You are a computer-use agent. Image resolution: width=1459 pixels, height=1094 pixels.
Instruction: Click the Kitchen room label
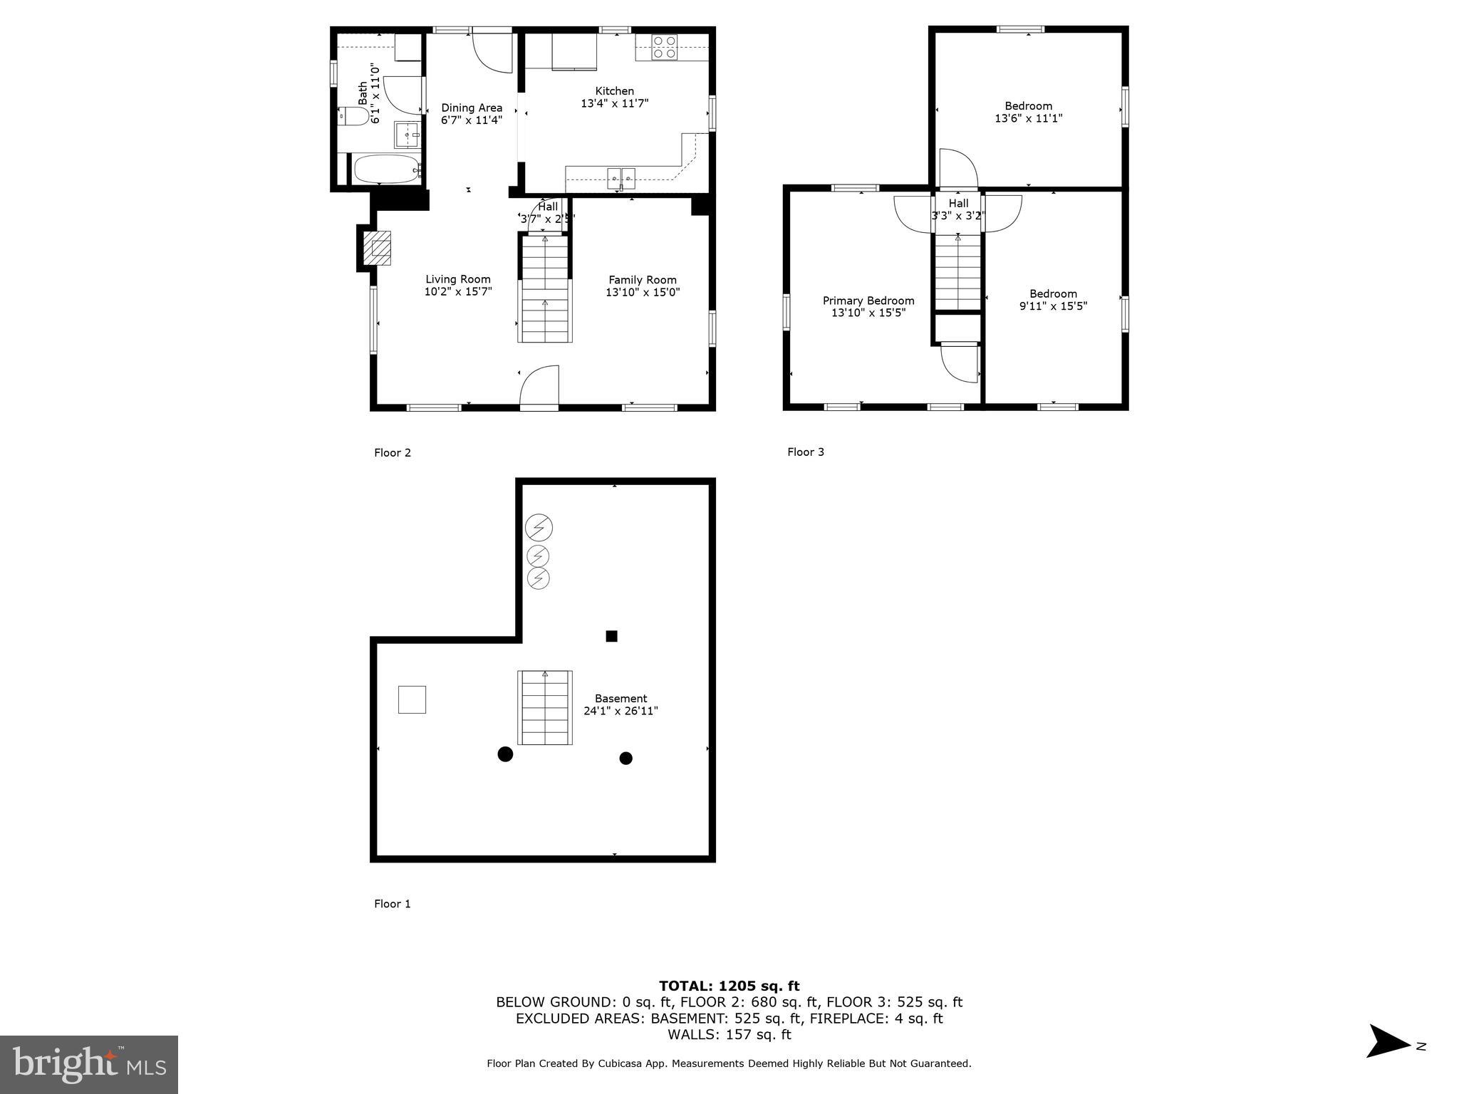pos(614,91)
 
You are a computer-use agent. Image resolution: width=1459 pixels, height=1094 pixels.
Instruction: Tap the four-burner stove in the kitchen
pos(664,47)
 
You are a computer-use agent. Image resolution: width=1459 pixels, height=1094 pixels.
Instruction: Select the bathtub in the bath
pos(385,170)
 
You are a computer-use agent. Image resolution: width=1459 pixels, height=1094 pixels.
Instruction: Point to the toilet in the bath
pos(354,116)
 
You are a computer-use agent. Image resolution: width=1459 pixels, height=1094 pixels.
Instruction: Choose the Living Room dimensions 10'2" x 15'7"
pos(458,292)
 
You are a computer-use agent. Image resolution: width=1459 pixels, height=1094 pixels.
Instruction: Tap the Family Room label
pos(642,280)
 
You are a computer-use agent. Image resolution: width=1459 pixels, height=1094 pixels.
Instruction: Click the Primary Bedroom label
pos(868,301)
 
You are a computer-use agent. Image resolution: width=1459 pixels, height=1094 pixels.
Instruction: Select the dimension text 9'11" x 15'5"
pos(1053,306)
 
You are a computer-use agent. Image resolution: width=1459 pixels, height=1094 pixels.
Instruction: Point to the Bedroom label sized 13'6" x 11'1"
pos(1028,106)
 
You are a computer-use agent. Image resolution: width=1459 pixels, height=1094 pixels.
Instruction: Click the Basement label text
pos(621,699)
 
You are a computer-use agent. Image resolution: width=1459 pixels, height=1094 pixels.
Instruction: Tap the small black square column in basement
pos(611,636)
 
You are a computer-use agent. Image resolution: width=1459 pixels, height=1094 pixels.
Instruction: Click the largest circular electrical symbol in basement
pos(539,528)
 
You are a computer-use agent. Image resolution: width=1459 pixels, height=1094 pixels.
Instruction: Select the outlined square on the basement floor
pos(412,699)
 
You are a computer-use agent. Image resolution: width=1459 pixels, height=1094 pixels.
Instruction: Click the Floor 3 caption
pos(805,452)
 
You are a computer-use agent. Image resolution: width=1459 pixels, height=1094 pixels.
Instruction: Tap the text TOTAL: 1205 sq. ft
pos(729,986)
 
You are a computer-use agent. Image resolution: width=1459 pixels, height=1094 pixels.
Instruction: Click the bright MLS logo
pos(89,1064)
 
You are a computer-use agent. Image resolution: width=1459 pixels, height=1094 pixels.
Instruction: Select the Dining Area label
pos(471,108)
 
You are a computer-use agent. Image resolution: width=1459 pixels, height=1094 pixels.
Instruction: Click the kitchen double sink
pos(621,175)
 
